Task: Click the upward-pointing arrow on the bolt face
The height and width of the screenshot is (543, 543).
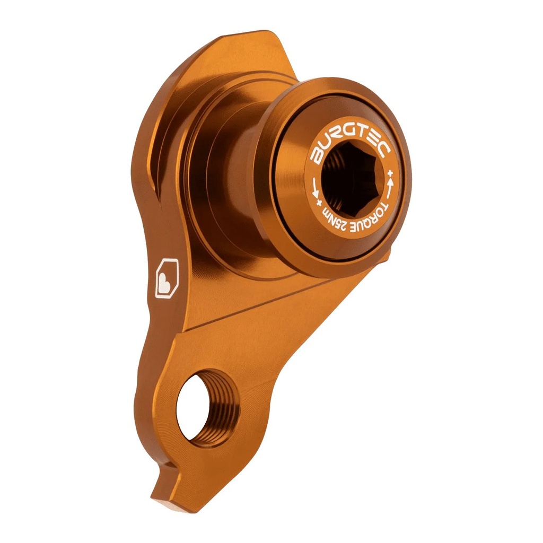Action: coord(391,186)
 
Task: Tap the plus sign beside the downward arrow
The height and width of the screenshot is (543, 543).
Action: coord(319,203)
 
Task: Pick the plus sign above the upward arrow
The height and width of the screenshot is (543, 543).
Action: coord(390,173)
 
